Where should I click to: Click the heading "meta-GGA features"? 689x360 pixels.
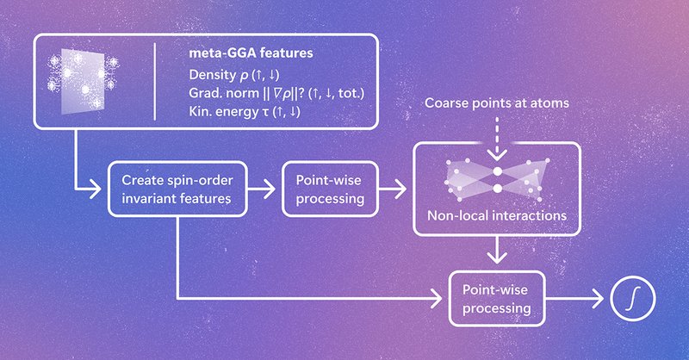click(251, 53)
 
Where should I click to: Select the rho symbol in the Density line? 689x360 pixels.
click(244, 76)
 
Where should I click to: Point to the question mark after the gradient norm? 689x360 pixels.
click(301, 93)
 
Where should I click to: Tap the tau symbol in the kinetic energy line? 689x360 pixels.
click(265, 112)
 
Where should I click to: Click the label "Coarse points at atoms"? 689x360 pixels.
click(497, 102)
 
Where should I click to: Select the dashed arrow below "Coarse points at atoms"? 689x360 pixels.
click(497, 139)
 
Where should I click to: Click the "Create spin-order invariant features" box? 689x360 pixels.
click(177, 189)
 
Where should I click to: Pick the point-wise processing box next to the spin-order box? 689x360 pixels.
click(330, 189)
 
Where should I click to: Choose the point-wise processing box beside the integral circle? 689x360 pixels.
click(497, 299)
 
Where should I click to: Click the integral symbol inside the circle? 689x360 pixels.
click(633, 298)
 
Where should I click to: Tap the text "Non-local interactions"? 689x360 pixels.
click(497, 215)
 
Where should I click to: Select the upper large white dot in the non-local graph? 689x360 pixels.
click(497, 171)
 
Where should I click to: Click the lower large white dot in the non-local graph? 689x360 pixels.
click(497, 189)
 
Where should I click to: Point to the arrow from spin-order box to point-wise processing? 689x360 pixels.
click(262, 189)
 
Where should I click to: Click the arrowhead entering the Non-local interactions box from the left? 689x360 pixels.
click(400, 189)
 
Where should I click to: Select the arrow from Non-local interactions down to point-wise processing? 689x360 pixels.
click(497, 250)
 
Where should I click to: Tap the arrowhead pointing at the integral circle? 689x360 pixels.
click(598, 299)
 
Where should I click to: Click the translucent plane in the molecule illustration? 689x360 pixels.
click(83, 81)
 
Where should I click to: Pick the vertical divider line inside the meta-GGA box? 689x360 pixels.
click(155, 81)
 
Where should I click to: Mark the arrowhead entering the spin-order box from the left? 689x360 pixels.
click(96, 189)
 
